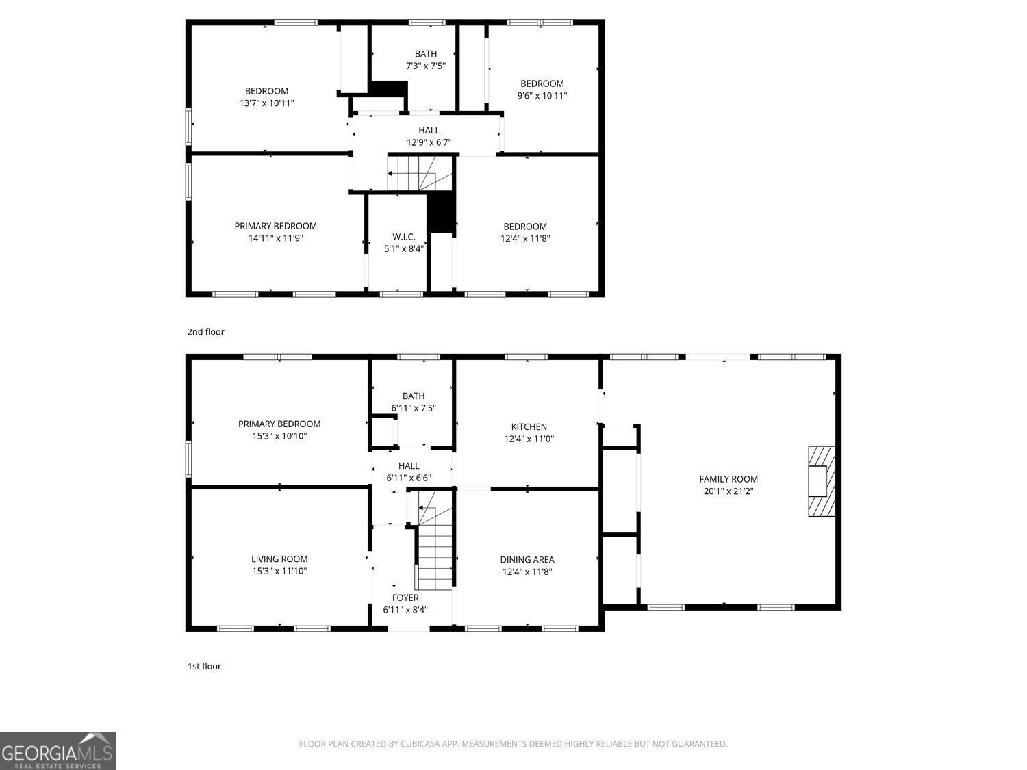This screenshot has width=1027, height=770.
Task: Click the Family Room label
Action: coord(728,479)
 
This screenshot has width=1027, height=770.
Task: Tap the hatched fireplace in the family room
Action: coord(822,481)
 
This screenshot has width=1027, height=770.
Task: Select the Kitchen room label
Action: coord(529,426)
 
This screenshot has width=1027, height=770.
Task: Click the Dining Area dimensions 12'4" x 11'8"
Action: coord(527,572)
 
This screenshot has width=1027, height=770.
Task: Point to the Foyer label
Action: coord(405,598)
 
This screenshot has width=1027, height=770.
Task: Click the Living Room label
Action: coord(279,559)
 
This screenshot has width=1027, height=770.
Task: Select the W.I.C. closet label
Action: coord(403,237)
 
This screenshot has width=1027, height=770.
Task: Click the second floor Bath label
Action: coord(425,53)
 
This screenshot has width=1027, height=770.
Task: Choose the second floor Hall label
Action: coord(429,130)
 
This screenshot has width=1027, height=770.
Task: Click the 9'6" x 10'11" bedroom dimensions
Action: coord(542,96)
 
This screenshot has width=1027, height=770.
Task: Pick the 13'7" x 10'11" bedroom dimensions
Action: coord(266,103)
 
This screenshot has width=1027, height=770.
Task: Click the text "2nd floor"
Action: coord(205,332)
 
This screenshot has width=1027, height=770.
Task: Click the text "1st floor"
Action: coord(204,666)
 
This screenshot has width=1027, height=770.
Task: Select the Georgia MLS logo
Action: coord(58,751)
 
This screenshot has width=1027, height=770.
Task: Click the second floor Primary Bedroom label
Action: coord(275,226)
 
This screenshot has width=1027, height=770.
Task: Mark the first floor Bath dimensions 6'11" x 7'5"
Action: coord(414,408)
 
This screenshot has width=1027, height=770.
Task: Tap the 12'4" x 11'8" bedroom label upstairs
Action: coord(525,227)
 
